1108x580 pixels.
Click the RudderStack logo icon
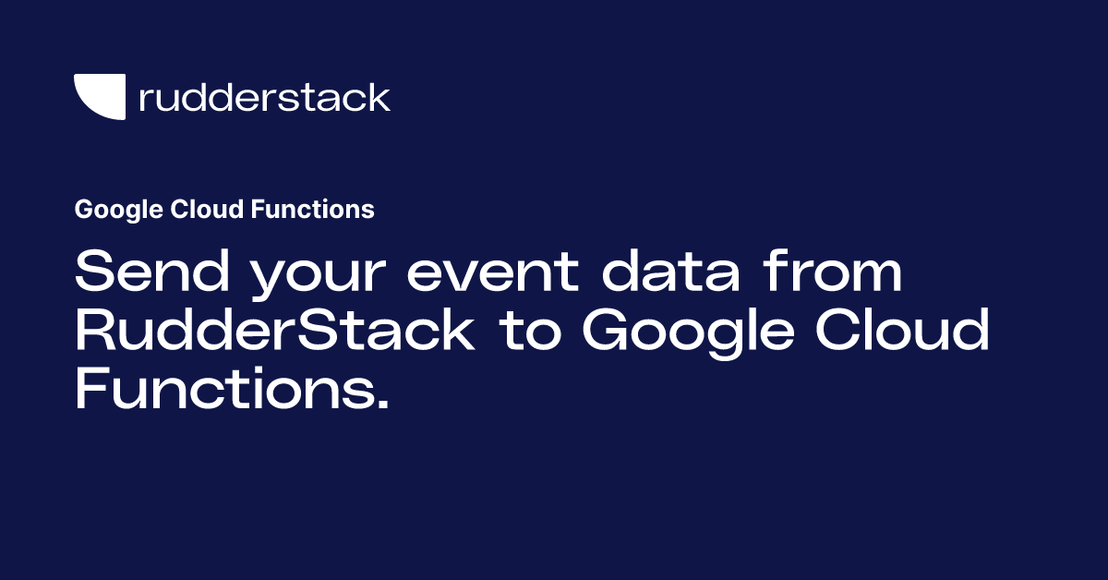(x=100, y=97)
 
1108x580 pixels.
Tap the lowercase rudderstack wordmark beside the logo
(x=264, y=97)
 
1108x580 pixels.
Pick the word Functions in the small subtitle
(x=312, y=210)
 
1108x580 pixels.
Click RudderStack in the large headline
(x=274, y=331)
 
